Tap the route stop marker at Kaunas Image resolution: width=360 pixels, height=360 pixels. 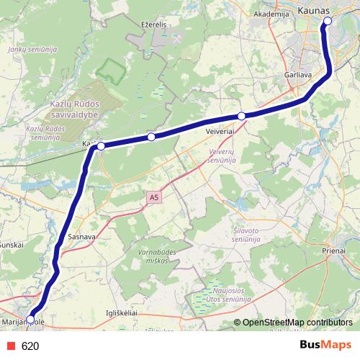click(328, 21)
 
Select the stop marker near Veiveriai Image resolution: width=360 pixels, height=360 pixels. click(242, 116)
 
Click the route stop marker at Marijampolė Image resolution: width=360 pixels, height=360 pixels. click(30, 319)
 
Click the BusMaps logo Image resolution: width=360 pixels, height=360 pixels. click(325, 345)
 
